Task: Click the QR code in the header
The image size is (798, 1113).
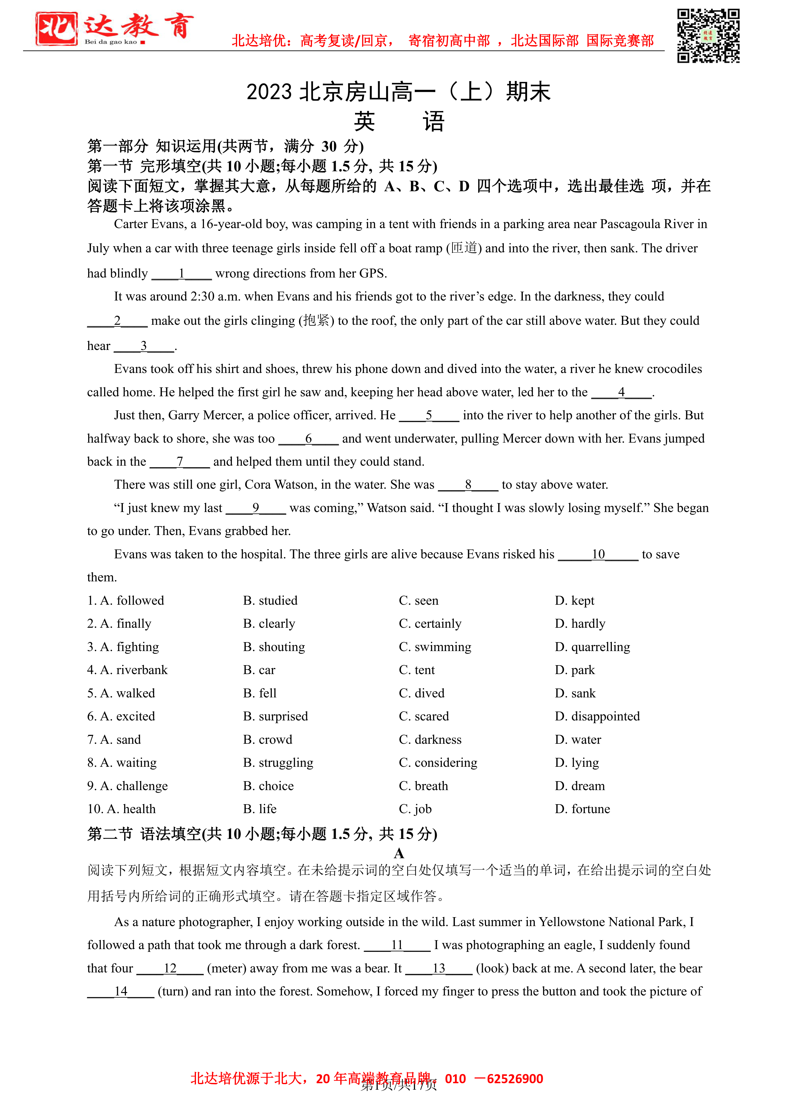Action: tap(708, 36)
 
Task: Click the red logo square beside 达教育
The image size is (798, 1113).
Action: tap(57, 29)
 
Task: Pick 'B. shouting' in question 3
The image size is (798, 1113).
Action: tap(274, 647)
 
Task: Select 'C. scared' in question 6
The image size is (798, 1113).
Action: tap(424, 716)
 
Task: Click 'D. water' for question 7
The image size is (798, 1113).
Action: tap(578, 739)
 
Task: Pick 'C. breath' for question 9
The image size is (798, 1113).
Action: tap(423, 786)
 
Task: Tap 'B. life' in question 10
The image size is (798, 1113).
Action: tap(260, 809)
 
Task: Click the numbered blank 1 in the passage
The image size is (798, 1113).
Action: tap(182, 273)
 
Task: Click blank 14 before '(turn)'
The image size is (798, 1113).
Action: tap(121, 991)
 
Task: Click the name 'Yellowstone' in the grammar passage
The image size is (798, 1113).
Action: tap(571, 921)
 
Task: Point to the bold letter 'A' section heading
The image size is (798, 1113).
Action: tap(399, 853)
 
